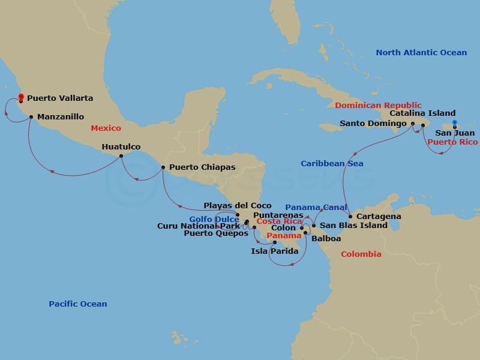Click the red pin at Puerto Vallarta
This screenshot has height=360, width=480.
click(20, 97)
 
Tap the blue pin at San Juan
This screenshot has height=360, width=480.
click(455, 124)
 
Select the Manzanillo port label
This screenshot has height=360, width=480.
click(60, 117)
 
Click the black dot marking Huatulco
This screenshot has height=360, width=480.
click(121, 156)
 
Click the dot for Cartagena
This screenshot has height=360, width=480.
click(350, 216)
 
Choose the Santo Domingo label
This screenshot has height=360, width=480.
click(374, 124)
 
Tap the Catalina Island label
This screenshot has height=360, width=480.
click(422, 113)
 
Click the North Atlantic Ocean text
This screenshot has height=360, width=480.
click(421, 53)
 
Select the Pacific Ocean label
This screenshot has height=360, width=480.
click(78, 304)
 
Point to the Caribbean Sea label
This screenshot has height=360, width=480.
click(332, 163)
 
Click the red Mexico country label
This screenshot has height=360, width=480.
click(106, 128)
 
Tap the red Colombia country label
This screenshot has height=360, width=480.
click(361, 254)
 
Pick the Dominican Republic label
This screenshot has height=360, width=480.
click(378, 106)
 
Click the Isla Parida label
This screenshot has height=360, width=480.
click(274, 251)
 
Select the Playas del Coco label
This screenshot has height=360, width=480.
click(237, 206)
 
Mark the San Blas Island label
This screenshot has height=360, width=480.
click(353, 226)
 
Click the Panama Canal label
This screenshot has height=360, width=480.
click(316, 208)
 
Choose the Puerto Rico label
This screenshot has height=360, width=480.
click(452, 142)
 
